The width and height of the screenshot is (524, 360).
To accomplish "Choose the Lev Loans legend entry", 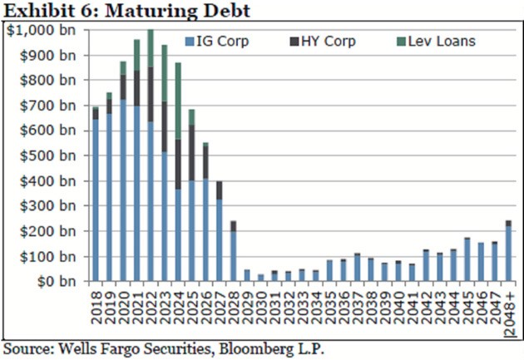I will click(438, 40).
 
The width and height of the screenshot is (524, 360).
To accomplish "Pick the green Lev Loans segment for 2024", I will click(178, 101).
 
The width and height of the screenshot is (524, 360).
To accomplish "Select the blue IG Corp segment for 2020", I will click(123, 191).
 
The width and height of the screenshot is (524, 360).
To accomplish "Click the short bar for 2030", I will click(260, 278).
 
